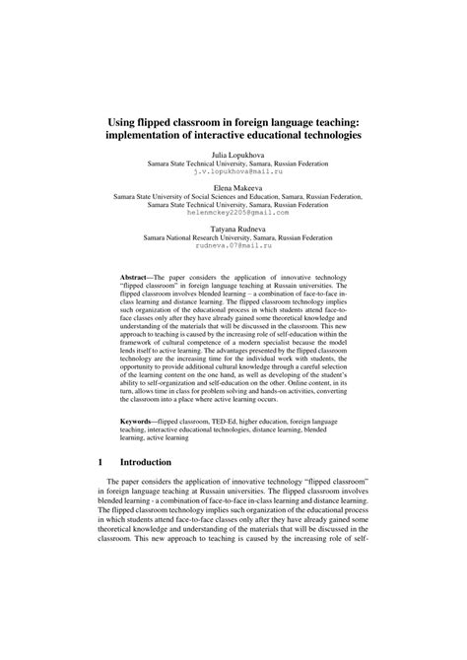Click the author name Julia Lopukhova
coord(233,155)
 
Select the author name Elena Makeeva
coord(233,186)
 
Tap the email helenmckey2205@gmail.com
coord(233,211)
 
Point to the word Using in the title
coord(123,117)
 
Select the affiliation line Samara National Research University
coord(233,234)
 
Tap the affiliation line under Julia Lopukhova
coord(233,163)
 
